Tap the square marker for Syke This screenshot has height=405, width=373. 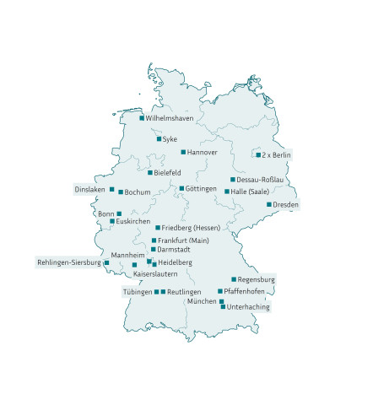point(159,138)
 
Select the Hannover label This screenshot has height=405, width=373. point(203,153)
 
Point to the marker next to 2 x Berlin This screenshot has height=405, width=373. point(258,154)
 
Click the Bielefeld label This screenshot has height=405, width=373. point(167,173)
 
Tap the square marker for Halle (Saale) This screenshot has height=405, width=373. point(227,192)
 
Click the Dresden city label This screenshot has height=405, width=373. point(286,205)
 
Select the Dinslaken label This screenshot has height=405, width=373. point(90,189)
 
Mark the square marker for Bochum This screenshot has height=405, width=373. point(121,192)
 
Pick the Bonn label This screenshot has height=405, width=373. point(106,214)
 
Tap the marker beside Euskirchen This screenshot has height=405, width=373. point(111,222)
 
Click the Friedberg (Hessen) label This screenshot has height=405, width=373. point(191,229)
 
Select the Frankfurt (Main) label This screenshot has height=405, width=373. point(182,241)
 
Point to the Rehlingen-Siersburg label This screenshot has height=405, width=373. point(68,262)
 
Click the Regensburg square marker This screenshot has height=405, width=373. point(234,279)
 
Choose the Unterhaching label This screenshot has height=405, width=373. point(248,307)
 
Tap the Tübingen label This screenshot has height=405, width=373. point(138,292)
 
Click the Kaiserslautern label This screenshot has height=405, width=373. point(155,274)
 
